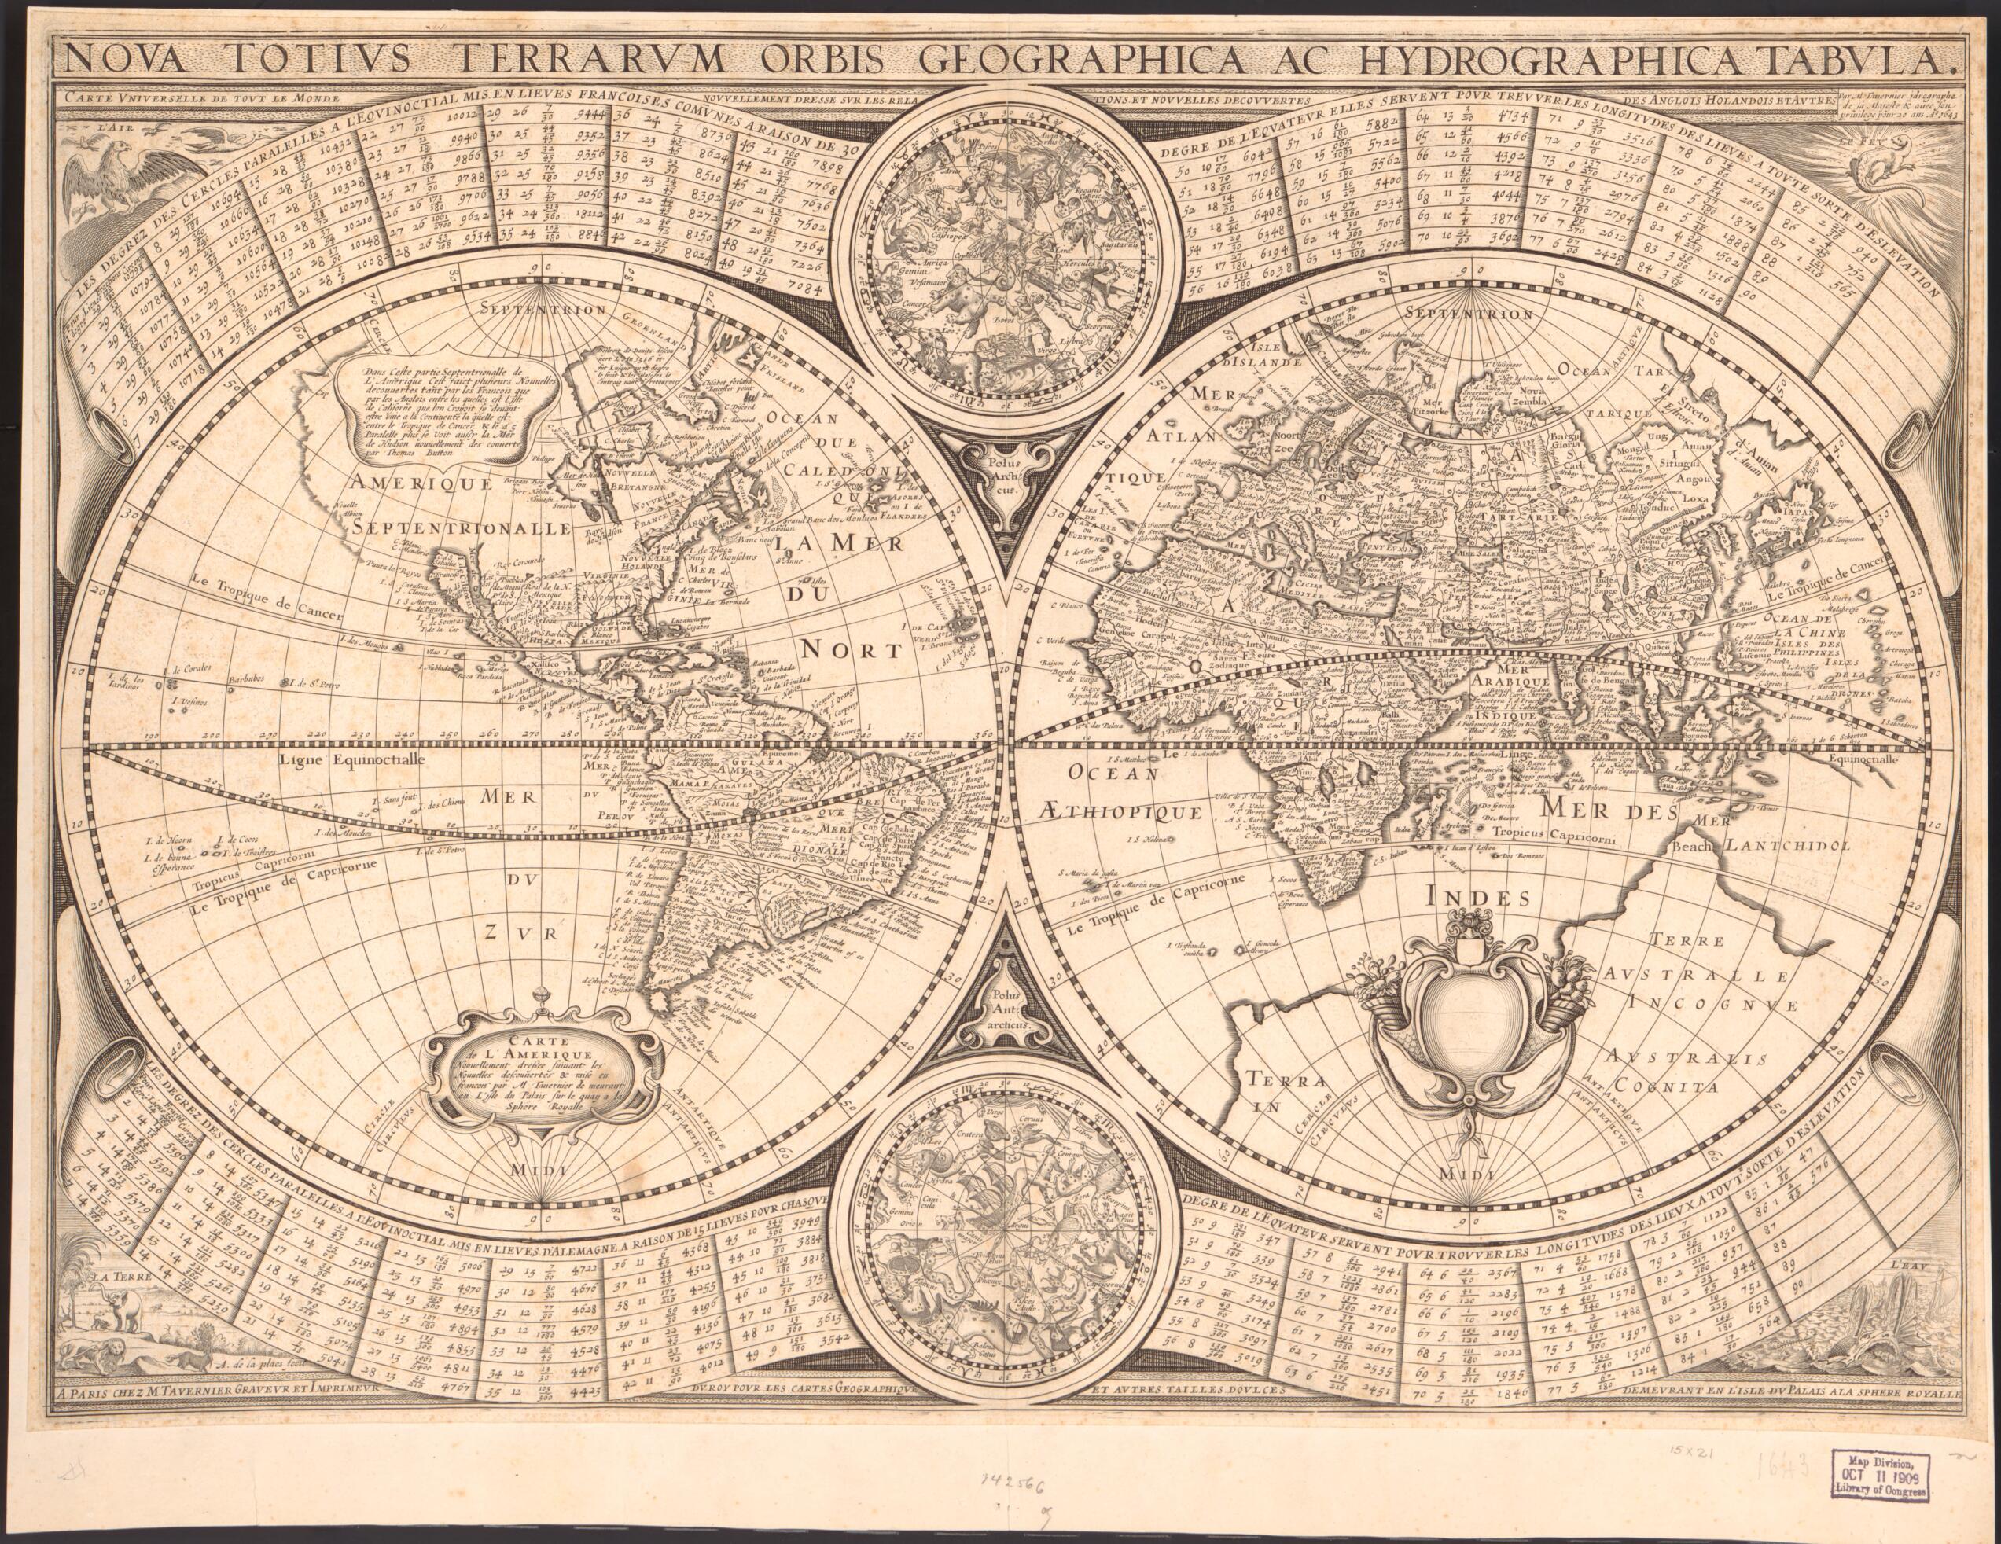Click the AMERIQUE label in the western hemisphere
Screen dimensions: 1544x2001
pos(410,483)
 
